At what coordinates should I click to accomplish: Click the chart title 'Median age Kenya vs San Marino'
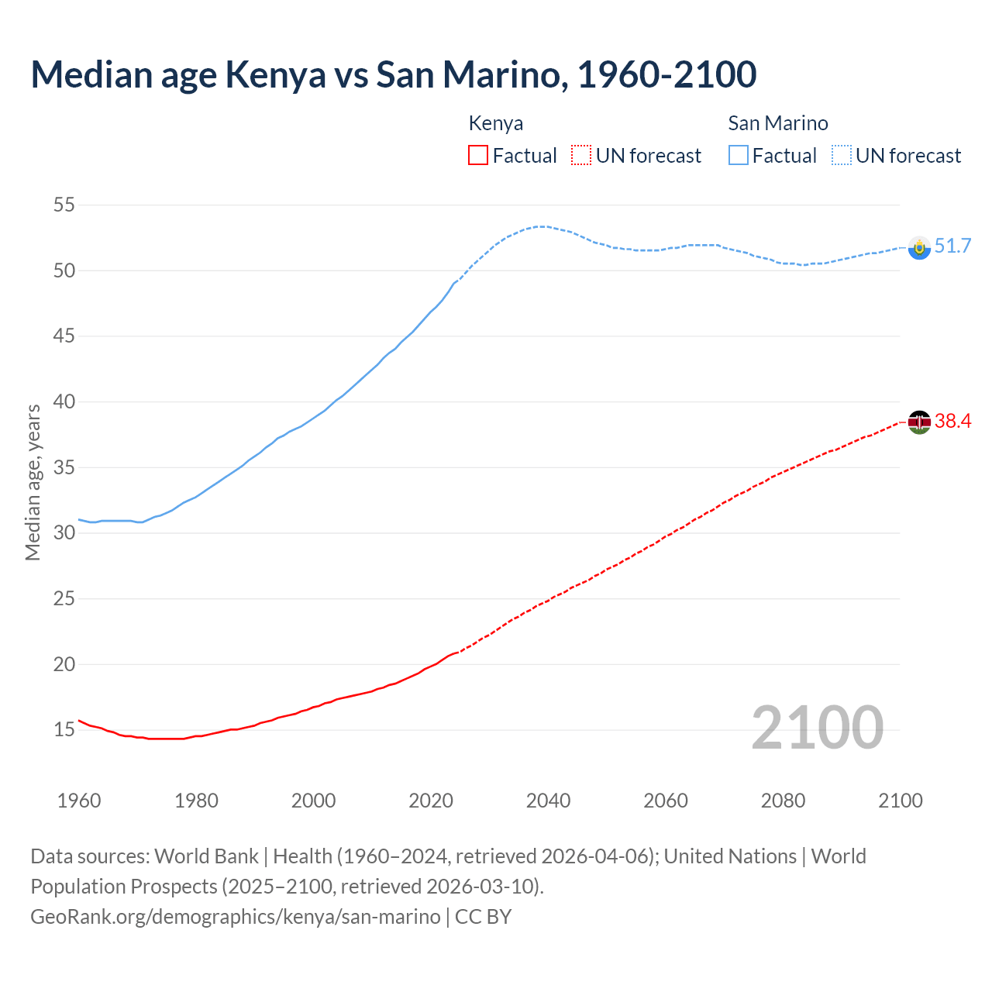[393, 75]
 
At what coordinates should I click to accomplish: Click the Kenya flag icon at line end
[919, 422]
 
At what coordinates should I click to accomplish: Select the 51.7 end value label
[952, 246]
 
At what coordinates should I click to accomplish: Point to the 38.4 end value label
[952, 422]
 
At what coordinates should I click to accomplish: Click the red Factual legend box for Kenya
[478, 156]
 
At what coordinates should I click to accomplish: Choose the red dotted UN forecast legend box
[581, 156]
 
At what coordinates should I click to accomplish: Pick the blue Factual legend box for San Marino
[739, 156]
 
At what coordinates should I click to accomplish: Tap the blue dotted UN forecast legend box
[842, 156]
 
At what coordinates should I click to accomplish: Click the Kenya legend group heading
[496, 123]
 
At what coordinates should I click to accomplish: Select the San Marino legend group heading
[778, 123]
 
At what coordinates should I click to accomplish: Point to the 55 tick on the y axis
[64, 205]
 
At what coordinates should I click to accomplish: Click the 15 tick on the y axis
[64, 730]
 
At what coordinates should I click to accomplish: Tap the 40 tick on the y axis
[64, 402]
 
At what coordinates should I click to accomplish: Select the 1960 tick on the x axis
[79, 801]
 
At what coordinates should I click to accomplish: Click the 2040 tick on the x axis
[548, 801]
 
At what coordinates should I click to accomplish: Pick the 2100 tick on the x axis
[901, 801]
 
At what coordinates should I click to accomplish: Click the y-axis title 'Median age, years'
[33, 482]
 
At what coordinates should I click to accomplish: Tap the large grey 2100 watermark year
[817, 728]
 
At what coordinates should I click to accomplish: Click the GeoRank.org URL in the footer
[235, 917]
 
